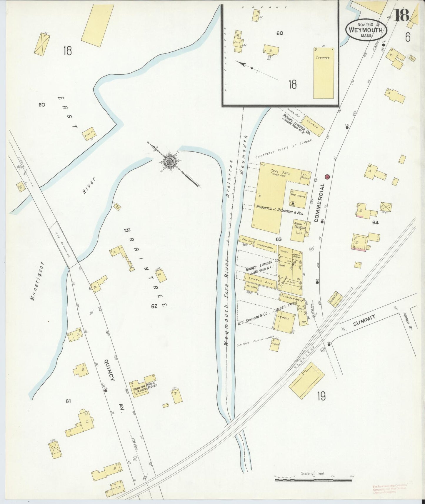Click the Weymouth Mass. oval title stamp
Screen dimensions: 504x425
(366, 30)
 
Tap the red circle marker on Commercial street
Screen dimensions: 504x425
(327, 177)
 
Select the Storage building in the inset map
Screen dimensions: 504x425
(323, 73)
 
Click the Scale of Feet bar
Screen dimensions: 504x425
(313, 480)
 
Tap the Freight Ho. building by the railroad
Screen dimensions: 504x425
(336, 299)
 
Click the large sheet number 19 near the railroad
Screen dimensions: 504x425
(321, 397)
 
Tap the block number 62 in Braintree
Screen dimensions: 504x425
(154, 306)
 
